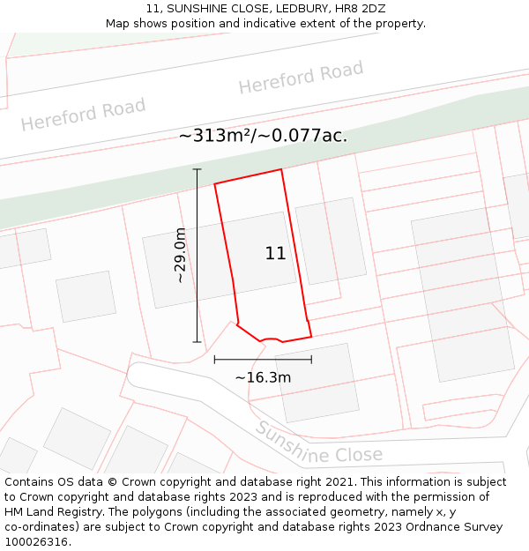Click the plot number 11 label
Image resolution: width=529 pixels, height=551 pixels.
(x=275, y=253)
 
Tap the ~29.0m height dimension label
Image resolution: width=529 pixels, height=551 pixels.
(x=180, y=256)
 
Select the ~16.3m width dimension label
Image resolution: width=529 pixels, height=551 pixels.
(x=263, y=377)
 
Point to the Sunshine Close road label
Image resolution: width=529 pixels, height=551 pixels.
(x=319, y=444)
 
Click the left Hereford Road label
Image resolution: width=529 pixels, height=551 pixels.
(x=84, y=115)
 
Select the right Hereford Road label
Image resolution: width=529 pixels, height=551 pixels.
(x=301, y=78)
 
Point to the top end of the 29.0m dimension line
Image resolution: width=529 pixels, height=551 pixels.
(x=197, y=169)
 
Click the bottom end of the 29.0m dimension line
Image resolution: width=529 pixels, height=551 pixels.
(x=197, y=342)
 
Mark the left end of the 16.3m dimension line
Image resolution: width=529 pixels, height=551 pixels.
(x=214, y=359)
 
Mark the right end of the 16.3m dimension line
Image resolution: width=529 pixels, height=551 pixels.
(x=311, y=359)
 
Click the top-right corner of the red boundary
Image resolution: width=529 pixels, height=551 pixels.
(x=281, y=169)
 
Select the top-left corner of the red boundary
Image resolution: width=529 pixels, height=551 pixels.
(x=215, y=183)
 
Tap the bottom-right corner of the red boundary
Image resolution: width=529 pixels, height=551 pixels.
(x=311, y=336)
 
